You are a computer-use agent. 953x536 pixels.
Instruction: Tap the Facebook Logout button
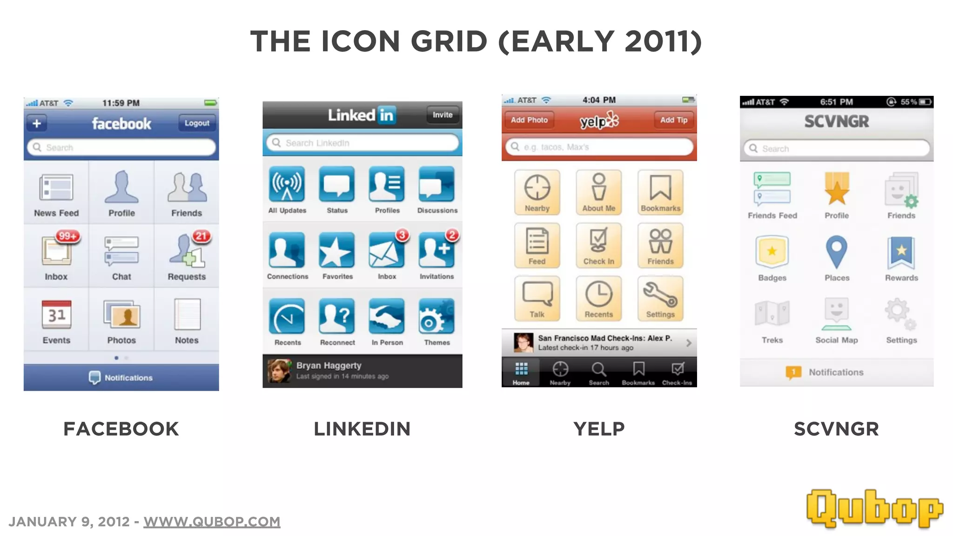197,123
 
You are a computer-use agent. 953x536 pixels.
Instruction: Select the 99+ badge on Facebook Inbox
67,236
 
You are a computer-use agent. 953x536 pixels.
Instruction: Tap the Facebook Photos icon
121,315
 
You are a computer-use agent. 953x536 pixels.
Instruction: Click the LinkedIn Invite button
442,115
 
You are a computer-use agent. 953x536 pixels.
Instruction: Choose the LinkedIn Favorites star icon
337,251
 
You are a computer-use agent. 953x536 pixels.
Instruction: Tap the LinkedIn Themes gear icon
436,317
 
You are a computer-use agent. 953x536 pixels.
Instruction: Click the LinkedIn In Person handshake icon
387,317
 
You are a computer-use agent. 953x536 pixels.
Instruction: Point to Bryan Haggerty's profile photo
279,371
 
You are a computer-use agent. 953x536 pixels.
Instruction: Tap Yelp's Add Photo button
529,120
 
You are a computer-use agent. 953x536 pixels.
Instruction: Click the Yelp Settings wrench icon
660,294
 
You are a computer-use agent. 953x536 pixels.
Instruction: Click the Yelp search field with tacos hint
599,147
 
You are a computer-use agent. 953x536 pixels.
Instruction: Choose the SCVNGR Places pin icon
836,251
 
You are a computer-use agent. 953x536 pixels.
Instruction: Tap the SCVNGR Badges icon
772,251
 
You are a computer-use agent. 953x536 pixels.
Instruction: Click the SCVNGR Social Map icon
836,313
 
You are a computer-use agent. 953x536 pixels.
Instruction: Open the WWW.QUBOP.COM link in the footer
212,522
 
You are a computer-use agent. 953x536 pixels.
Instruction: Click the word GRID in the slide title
449,41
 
